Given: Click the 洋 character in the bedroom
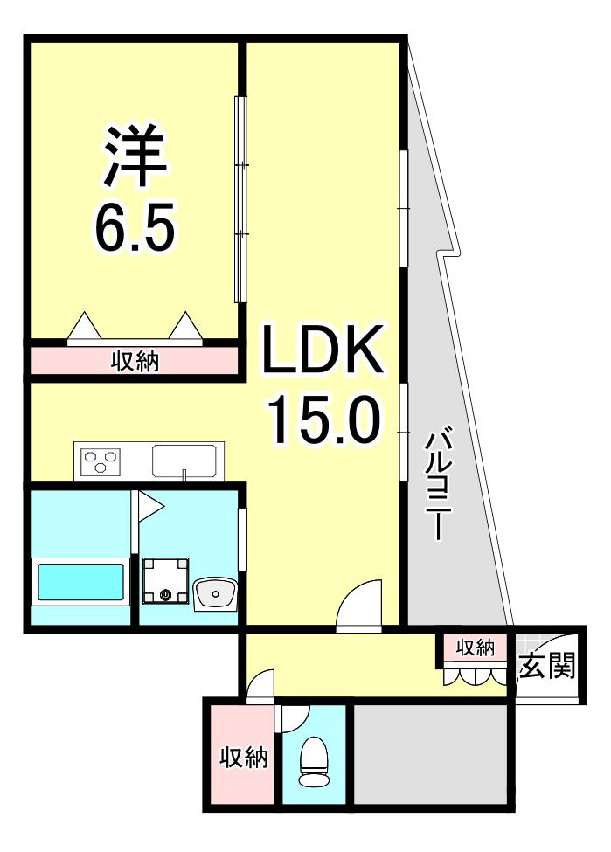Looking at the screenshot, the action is tap(135, 156).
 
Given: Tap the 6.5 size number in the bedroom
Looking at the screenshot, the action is tap(135, 226).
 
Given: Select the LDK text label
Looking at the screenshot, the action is tap(323, 349).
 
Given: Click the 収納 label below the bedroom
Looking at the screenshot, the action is tap(135, 361).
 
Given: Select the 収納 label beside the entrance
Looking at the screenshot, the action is tap(476, 648).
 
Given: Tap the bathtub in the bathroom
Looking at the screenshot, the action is tap(80, 581).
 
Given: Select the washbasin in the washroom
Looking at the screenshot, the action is tap(215, 594).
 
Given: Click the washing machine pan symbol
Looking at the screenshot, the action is tap(165, 580).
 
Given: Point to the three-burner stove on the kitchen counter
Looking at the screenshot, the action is tap(101, 461).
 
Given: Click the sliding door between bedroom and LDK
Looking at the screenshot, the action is tap(240, 199).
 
